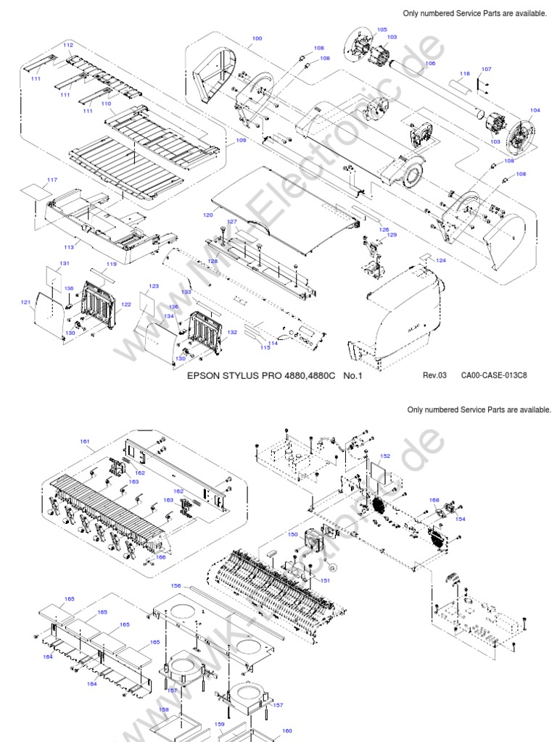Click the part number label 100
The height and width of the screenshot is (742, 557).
tap(257, 38)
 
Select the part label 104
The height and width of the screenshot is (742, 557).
tap(535, 110)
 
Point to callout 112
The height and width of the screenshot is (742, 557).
tap(68, 45)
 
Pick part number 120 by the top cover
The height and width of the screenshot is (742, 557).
tap(208, 215)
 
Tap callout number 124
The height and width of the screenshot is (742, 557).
tap(441, 259)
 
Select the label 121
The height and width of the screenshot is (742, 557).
tap(25, 302)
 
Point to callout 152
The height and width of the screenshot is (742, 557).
tap(385, 456)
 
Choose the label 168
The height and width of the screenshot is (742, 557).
tap(434, 500)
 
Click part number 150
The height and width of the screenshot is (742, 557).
tap(292, 534)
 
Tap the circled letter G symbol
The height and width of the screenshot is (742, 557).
tap(334, 566)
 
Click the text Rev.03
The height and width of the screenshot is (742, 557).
tap(435, 375)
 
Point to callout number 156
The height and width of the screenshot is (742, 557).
tap(176, 585)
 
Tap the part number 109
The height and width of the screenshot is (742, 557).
tap(242, 141)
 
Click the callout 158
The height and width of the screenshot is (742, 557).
tap(165, 710)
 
